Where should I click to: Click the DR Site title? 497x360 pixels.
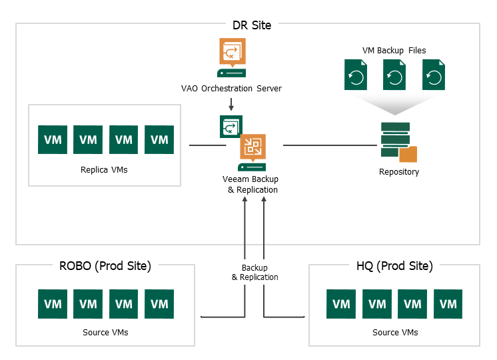tap(252, 25)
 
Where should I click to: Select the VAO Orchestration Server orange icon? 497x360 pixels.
tap(233, 53)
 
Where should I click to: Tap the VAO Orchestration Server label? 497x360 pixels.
tap(231, 88)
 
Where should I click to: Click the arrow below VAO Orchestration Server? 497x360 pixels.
tap(231, 104)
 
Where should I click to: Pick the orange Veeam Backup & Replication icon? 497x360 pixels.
tap(252, 147)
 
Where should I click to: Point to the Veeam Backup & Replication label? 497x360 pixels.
tap(250, 184)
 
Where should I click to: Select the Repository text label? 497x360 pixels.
tap(399, 171)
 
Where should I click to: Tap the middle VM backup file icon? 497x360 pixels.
tap(394, 75)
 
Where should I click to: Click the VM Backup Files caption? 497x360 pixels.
tap(394, 51)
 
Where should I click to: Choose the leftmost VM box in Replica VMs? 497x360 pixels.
tap(53, 139)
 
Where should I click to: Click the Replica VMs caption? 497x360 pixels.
tap(104, 170)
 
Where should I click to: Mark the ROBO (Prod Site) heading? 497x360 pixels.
tap(105, 266)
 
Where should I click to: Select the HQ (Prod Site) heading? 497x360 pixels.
tap(394, 266)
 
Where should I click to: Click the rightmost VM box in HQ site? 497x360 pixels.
tap(448, 304)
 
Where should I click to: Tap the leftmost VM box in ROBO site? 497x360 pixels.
tap(53, 304)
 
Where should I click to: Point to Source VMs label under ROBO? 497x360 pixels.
tap(105, 333)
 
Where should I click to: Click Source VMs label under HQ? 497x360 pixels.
tap(395, 333)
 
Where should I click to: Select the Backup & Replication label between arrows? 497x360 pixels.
tap(255, 273)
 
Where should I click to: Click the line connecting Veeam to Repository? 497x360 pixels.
tap(330, 145)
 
